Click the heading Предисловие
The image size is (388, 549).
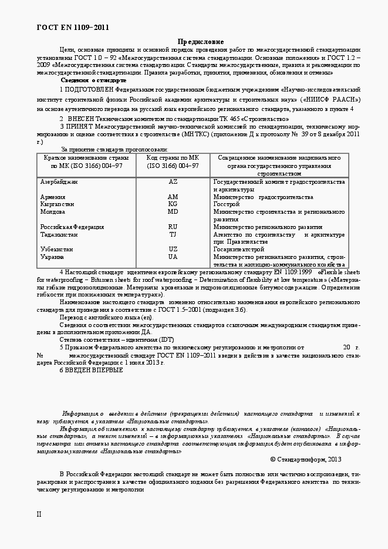coord(201,42)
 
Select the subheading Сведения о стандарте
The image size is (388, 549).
coord(93,80)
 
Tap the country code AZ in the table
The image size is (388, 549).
coord(173,183)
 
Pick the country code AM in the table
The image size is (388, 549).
coord(173,197)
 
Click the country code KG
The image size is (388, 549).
coord(173,204)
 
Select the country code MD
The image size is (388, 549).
coord(173,211)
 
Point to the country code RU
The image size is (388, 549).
coord(173,227)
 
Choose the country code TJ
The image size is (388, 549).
coord(173,234)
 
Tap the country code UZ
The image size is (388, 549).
coord(173,249)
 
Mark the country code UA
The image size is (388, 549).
coord(173,257)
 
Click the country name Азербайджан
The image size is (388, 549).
coord(59,183)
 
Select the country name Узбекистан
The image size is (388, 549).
coord(56,249)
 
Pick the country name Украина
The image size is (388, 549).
coord(52,257)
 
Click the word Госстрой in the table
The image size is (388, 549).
coord(226,204)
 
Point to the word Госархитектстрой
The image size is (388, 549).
coord(239,249)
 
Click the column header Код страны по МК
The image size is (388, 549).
coord(173,159)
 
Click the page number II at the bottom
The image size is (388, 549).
coord(39,514)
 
